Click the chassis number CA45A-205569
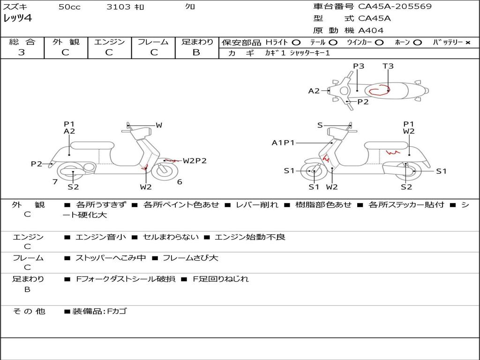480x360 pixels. point(395,7)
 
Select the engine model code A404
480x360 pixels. point(371,30)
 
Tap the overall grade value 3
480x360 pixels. point(22,52)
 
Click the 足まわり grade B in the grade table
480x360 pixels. point(196,52)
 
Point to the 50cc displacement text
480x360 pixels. point(69,7)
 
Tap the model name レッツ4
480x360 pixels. point(18,19)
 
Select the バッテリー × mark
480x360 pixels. point(467,42)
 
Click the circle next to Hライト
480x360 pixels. point(296,42)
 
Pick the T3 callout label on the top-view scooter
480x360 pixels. point(388,66)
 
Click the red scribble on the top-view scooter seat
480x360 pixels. point(379,90)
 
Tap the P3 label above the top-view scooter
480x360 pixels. point(359,66)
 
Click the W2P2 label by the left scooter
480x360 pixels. point(195,161)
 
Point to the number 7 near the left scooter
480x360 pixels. point(55,181)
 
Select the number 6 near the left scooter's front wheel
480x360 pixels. point(180,181)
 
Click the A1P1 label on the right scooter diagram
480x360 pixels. point(283,142)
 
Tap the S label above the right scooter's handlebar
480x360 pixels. point(320,125)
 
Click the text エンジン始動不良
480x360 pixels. point(250,237)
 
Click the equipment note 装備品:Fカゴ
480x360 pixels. point(99,311)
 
